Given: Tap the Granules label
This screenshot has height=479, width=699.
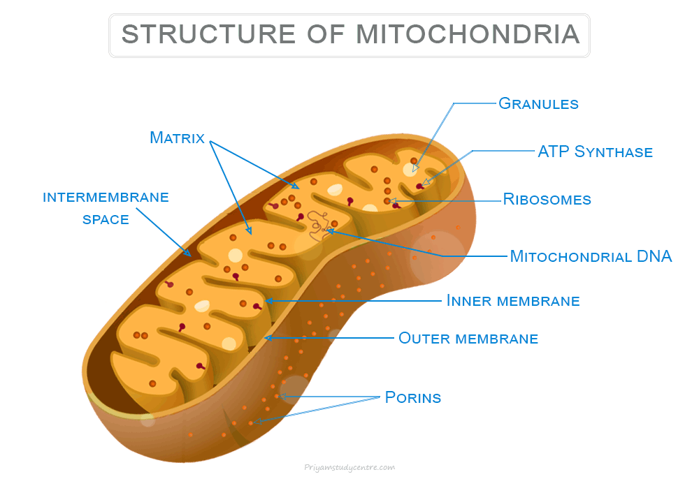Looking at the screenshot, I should click(538, 104).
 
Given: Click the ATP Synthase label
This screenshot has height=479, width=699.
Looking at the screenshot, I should click(595, 152).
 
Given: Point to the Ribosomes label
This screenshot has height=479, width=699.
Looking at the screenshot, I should click(547, 200).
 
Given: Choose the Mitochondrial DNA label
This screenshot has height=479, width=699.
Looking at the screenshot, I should click(591, 256).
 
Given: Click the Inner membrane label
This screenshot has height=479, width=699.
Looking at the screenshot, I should click(513, 301).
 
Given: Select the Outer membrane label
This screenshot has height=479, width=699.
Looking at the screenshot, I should click(468, 339).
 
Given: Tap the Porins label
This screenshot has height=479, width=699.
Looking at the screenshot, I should click(413, 398).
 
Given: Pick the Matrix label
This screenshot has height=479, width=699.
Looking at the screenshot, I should click(177, 138).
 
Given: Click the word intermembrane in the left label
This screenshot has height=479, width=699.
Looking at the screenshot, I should click(106, 197).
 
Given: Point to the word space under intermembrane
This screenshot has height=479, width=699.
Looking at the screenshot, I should click(106, 219).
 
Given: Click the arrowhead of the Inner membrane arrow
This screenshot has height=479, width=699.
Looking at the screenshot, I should click(268, 301).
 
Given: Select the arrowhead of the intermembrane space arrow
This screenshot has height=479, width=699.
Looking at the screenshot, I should click(189, 254).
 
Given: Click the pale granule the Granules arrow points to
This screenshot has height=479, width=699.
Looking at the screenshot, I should click(410, 170).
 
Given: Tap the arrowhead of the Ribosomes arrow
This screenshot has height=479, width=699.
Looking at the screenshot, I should click(396, 201).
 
